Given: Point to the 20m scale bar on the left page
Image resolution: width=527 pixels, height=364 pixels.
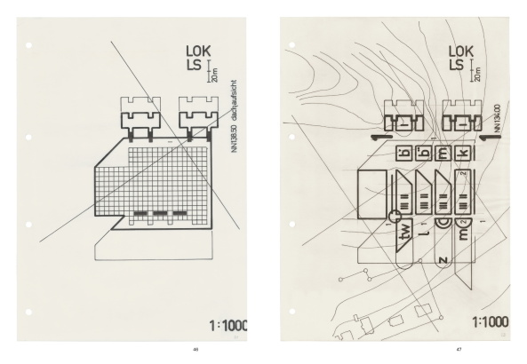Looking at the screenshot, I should [x=212, y=70].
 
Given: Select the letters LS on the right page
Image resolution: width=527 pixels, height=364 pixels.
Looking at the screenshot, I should [x=456, y=67].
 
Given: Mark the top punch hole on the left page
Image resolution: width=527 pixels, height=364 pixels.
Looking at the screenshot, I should [x=29, y=44].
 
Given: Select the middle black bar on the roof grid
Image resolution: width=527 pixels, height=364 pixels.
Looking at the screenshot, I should [x=160, y=214].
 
